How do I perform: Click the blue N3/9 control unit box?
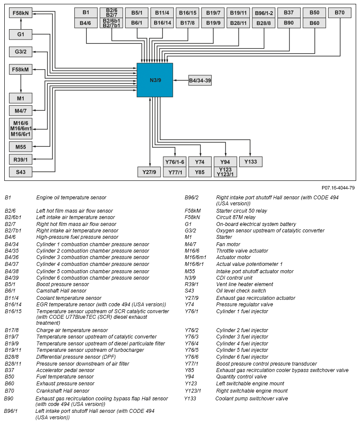point(155,80)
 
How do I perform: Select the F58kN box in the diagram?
point(21,13)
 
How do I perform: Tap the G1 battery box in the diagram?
point(21,34)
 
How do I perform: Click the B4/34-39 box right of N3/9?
point(200,80)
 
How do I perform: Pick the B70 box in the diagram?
point(339,13)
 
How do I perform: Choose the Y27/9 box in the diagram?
point(149,172)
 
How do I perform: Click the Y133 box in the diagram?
point(250,162)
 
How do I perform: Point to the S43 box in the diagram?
point(21,172)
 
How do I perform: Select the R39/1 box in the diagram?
point(21,160)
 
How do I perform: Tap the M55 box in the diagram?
point(21,147)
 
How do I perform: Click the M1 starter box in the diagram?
point(21,99)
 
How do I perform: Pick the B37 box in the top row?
point(289,13)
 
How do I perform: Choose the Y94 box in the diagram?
point(225,162)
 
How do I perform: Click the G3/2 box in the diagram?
point(21,52)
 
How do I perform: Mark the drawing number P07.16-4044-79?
point(338,188)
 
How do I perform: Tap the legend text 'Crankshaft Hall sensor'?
point(63,391)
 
